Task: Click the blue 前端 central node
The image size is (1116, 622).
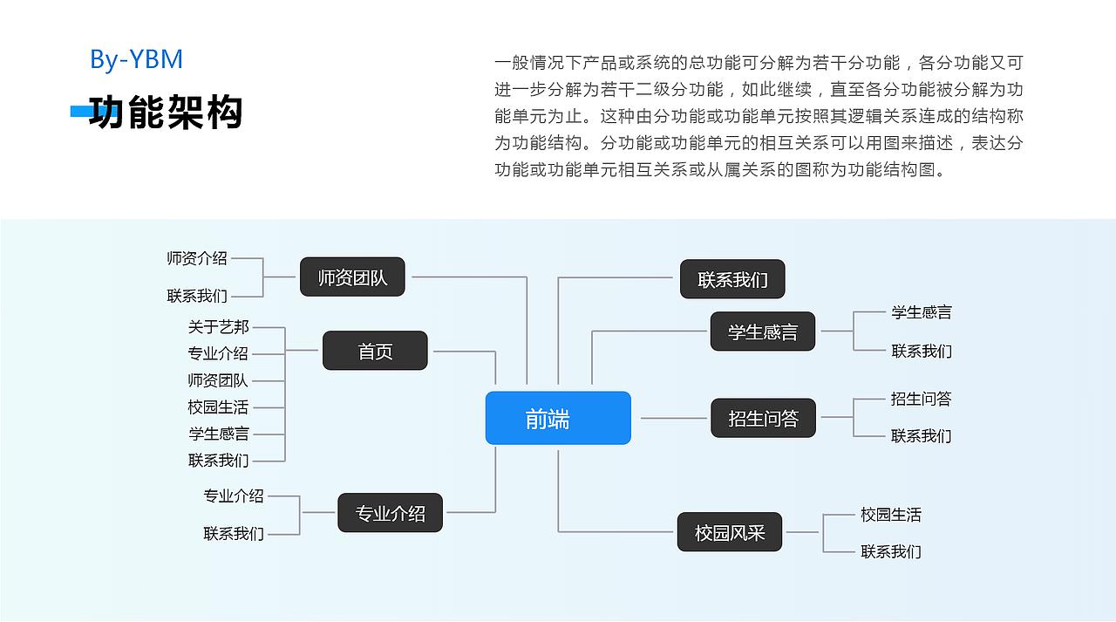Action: [x=558, y=418]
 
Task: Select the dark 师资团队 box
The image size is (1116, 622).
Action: [x=352, y=277]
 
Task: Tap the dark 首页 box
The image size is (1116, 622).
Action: [x=375, y=351]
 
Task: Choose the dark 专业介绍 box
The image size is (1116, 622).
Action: [x=390, y=513]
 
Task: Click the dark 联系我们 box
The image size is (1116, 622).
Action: [x=732, y=279]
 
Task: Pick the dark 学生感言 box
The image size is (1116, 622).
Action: [x=763, y=332]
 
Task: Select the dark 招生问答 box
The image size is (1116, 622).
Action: [x=763, y=418]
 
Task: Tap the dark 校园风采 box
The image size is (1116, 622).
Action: [x=730, y=532]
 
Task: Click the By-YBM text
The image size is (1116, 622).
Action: [x=136, y=59]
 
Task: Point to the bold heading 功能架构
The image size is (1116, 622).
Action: [x=166, y=113]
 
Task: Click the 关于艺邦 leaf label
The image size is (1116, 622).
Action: [x=218, y=327]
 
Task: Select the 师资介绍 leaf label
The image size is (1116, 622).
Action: [x=197, y=258]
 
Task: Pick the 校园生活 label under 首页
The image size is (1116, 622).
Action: [x=218, y=407]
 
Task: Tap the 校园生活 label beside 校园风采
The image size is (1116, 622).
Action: [x=890, y=515]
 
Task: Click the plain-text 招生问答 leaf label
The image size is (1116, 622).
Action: [x=921, y=399]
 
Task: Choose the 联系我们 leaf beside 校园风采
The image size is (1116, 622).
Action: [x=890, y=551]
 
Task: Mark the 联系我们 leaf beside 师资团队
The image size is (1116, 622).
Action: [x=197, y=297]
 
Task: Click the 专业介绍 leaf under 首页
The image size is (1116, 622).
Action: [x=218, y=353]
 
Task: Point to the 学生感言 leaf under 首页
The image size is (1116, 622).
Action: [x=218, y=434]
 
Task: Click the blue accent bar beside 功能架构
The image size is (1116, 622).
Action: [x=79, y=112]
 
